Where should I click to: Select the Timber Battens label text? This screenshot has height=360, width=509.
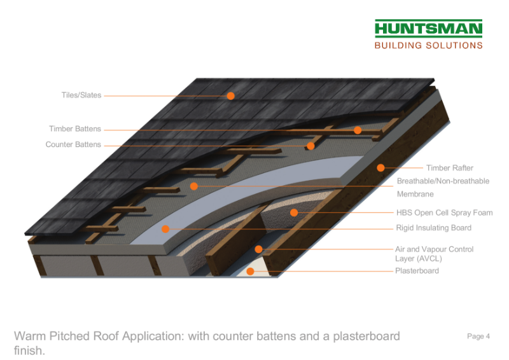pyautogui.click(x=75, y=129)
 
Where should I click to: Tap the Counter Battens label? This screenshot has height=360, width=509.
pyautogui.click(x=73, y=144)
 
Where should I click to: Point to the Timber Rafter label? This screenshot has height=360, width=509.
pyautogui.click(x=450, y=168)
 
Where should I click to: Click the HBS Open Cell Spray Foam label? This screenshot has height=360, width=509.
pyautogui.click(x=444, y=213)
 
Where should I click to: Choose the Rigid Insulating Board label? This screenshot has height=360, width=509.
pyautogui.click(x=434, y=228)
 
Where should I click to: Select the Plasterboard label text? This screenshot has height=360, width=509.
pyautogui.click(x=417, y=271)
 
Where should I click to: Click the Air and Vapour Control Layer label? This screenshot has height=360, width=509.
pyautogui.click(x=434, y=254)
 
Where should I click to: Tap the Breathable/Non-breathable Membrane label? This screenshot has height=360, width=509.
pyautogui.click(x=443, y=188)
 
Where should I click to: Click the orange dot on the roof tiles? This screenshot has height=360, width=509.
pyautogui.click(x=231, y=96)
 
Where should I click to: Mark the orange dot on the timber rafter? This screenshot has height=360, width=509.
pyautogui.click(x=380, y=168)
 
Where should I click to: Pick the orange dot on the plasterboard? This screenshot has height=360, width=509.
pyautogui.click(x=251, y=272)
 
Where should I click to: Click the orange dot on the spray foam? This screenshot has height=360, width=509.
pyautogui.click(x=294, y=212)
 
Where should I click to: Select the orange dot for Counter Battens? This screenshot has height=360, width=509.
pyautogui.click(x=310, y=146)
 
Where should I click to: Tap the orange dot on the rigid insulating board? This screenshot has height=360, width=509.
pyautogui.click(x=165, y=228)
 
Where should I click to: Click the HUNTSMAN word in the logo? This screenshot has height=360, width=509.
pyautogui.click(x=428, y=29)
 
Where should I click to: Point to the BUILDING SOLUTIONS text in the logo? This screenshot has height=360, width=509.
pyautogui.click(x=428, y=45)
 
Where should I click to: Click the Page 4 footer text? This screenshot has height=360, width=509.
pyautogui.click(x=478, y=336)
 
